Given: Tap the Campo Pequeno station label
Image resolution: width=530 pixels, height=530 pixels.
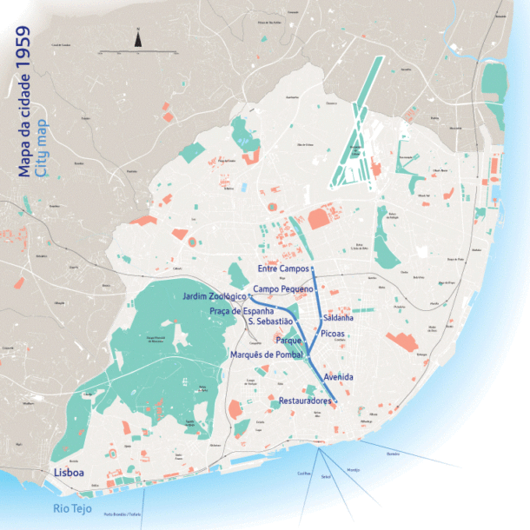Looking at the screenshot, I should (282, 288).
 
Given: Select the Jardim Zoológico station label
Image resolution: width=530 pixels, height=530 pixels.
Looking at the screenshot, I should (215, 298).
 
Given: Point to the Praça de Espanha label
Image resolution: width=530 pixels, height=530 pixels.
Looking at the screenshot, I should (242, 311).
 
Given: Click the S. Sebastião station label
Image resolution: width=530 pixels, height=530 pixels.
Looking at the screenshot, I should (270, 322).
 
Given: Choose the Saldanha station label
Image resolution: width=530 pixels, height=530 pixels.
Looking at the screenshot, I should (336, 318).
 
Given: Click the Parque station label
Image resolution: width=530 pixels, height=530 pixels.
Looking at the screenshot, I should (288, 341).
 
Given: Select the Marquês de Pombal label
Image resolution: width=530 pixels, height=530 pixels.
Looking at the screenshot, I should (265, 354).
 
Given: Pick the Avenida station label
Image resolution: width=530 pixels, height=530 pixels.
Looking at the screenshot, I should (338, 377).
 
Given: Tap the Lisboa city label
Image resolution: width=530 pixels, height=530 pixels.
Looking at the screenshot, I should (69, 473).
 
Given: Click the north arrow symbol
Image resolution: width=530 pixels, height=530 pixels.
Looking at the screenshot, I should (137, 36).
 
